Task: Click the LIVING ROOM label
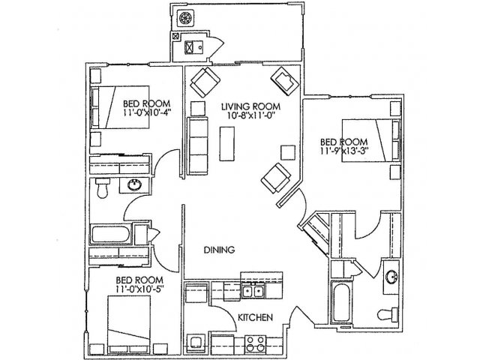250,106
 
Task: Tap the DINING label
219,250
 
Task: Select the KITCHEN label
255,317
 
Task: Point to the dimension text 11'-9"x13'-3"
344,151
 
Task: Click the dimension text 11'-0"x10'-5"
140,288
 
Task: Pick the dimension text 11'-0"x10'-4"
147,112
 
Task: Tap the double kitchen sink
253,292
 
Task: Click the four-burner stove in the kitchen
255,343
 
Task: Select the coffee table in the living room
227,143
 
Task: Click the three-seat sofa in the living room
197,145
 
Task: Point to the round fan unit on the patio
185,18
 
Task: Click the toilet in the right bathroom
388,314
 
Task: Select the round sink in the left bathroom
134,185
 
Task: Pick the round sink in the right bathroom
391,277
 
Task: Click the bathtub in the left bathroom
110,235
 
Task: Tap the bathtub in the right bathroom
340,302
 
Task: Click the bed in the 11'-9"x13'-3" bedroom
371,140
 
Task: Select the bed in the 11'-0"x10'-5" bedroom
129,325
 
